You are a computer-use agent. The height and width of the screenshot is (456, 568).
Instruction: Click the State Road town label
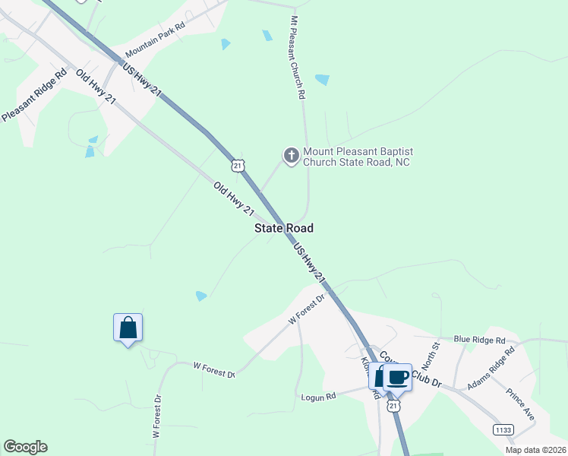pos(283,228)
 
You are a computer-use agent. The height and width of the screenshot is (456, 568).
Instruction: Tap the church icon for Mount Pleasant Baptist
pos(291,156)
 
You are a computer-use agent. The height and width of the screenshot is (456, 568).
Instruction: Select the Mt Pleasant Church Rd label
pos(298,57)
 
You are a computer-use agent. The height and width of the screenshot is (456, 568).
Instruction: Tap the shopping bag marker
pos(128,328)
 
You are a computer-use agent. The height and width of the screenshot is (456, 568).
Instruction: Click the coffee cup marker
pos(397,376)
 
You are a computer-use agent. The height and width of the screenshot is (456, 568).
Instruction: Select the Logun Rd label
pos(318,397)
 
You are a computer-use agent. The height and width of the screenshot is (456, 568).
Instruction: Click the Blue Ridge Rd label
pos(479,340)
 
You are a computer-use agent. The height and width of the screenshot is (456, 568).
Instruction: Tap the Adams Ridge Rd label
pos(491,369)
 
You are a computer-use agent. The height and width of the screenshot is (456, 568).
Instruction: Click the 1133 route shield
pos(503,429)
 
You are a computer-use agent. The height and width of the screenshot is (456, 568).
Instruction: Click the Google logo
pos(25,447)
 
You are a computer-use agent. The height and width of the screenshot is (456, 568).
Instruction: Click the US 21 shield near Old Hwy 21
pos(238,166)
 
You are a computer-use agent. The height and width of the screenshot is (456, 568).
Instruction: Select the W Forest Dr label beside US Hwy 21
pos(306,310)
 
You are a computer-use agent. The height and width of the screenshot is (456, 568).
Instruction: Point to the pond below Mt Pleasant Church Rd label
pos(322,79)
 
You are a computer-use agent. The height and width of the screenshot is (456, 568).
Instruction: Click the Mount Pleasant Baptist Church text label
pos(356,157)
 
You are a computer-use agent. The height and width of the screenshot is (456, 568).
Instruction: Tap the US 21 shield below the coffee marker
pos(393,407)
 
